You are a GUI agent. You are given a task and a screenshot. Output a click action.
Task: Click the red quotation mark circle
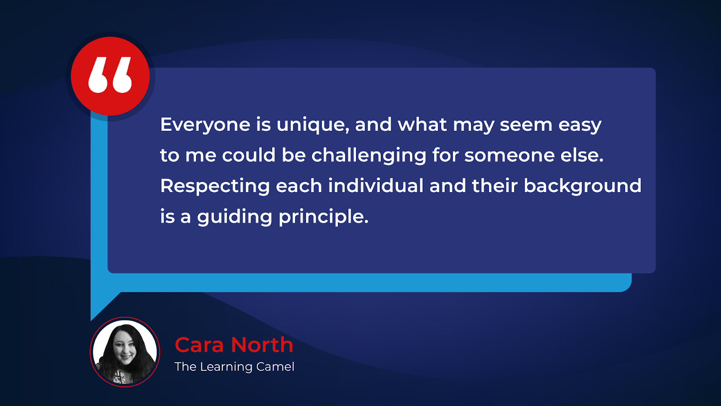[110, 76]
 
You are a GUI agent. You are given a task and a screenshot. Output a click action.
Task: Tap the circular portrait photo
[125, 352]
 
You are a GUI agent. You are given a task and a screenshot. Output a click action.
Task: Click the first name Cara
[199, 345]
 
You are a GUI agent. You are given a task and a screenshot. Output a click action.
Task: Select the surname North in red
[262, 345]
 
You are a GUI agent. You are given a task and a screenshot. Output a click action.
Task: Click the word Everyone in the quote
[205, 125]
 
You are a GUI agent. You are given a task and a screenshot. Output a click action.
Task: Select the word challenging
[369, 156]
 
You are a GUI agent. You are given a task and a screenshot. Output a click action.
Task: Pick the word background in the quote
[583, 186]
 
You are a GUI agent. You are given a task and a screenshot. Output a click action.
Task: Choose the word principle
[324, 217]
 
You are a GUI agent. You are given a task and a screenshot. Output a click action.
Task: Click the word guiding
[235, 217]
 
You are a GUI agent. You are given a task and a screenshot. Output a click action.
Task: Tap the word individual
[376, 186]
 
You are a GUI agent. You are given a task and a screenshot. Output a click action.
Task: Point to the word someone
[510, 156]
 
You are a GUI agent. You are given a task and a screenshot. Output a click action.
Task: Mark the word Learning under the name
[226, 367]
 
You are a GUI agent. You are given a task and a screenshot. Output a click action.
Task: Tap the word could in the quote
[249, 155]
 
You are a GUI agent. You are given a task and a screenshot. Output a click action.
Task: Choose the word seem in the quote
[526, 125]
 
